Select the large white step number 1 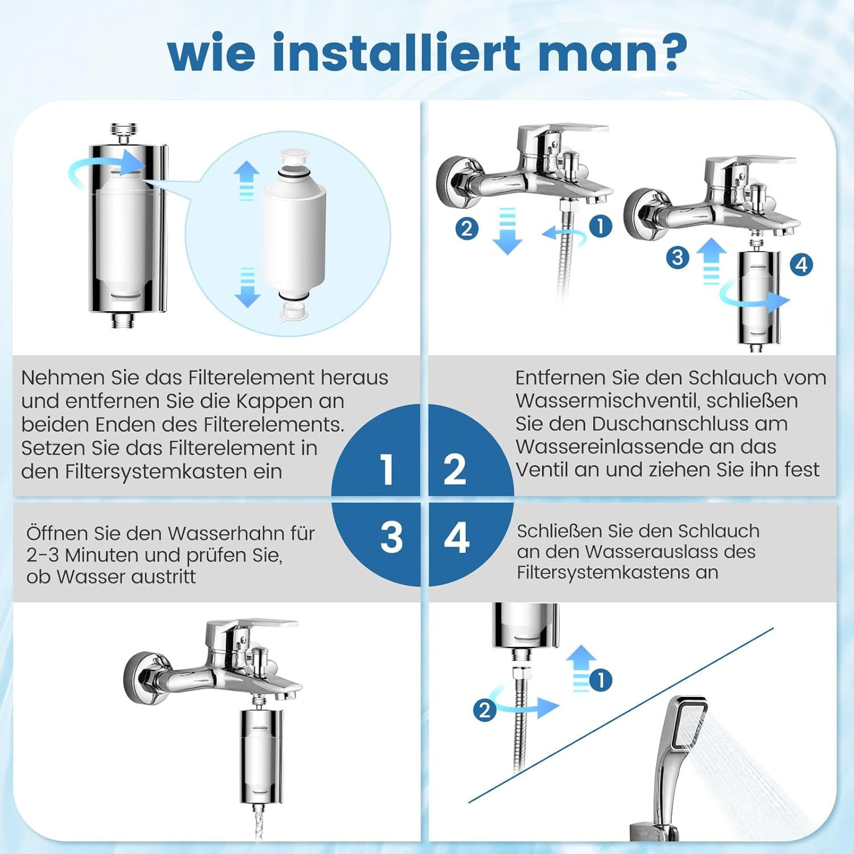(x=387, y=470)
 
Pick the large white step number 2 (x=454, y=470)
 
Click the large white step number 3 (x=391, y=537)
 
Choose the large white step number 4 (x=456, y=537)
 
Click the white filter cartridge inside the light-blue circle (x=293, y=233)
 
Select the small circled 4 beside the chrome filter (x=801, y=264)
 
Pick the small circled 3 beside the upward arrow (x=677, y=257)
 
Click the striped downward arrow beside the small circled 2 (x=507, y=231)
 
